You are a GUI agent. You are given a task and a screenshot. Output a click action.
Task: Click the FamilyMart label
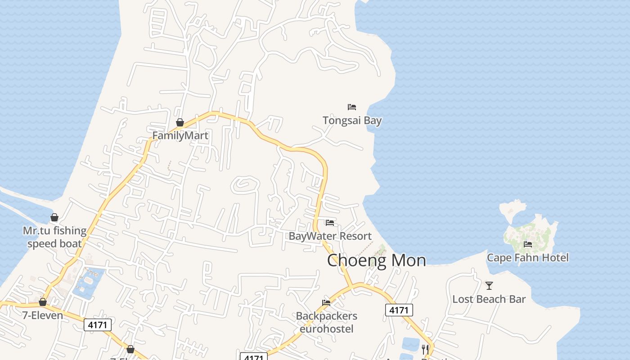click(x=180, y=135)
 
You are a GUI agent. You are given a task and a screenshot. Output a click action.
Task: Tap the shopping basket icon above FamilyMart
click(x=180, y=122)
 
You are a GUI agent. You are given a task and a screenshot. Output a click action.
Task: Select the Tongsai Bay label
click(x=352, y=120)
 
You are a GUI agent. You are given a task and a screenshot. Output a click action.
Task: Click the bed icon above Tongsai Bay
click(x=352, y=107)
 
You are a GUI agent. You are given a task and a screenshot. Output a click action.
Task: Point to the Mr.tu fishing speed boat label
click(x=54, y=237)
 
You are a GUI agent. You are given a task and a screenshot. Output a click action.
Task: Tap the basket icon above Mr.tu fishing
click(x=54, y=218)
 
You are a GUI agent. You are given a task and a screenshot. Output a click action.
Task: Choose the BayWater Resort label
click(x=330, y=236)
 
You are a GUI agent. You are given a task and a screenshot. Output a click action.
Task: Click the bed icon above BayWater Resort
click(x=330, y=223)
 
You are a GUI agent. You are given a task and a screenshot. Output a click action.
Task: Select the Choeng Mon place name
click(x=376, y=260)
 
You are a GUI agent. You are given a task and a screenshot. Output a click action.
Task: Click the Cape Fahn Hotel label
click(x=527, y=257)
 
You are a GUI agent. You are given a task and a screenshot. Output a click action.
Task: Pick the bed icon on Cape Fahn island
click(x=528, y=244)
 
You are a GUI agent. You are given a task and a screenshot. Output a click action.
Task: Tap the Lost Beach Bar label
click(x=489, y=299)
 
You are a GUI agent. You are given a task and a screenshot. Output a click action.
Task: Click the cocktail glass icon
click(x=489, y=285)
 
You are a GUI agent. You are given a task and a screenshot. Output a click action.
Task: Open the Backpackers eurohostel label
click(x=326, y=322)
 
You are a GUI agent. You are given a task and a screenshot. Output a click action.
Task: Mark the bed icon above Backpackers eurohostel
click(x=326, y=303)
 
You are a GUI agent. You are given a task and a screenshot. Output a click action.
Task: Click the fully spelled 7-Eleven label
click(x=43, y=315)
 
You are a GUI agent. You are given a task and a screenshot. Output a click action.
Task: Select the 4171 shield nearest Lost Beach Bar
click(x=399, y=310)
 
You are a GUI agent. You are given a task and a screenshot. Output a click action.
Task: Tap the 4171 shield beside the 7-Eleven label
click(x=98, y=324)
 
